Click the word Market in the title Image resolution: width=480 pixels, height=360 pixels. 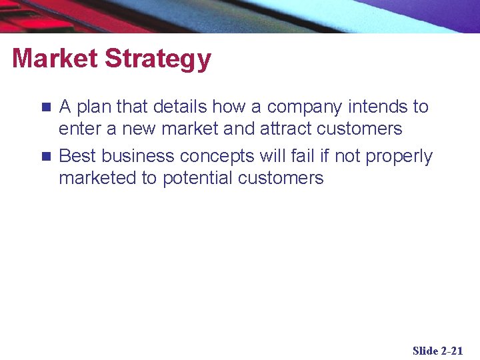55,59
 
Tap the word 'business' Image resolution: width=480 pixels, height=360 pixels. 140,157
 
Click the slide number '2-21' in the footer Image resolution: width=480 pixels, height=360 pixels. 452,351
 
